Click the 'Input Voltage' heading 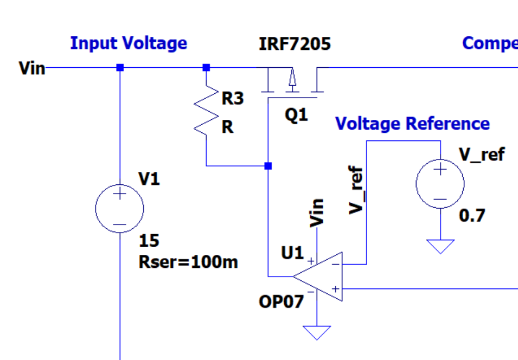coord(129,43)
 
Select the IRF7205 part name coord(295,43)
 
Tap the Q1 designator coord(296,115)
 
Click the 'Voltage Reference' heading coord(412,124)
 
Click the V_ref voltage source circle coord(440,184)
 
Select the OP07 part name coord(281,302)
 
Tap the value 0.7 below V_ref coord(472,216)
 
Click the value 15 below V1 coord(149,241)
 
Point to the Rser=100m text coord(188,262)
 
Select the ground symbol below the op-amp coord(317,332)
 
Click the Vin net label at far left coord(31,68)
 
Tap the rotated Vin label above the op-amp coord(316,212)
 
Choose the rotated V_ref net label coord(356,191)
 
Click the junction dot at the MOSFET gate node coord(268,166)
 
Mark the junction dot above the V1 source coord(120,68)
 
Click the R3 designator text coord(233,99)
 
